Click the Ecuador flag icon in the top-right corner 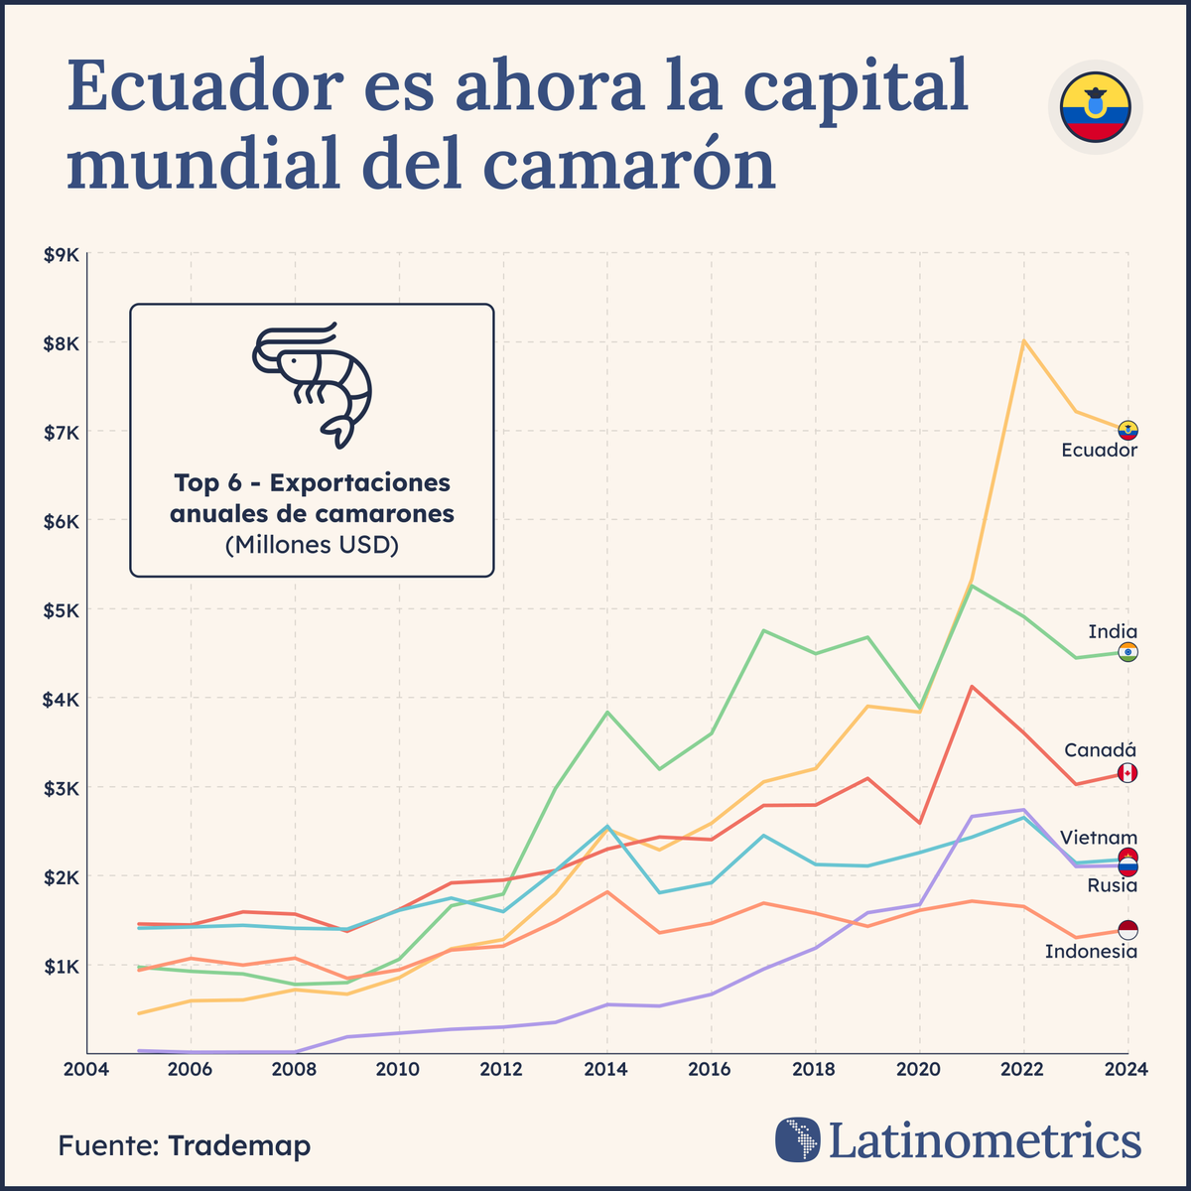coord(1095,106)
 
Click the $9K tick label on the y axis coord(61,255)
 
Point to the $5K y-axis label coord(61,609)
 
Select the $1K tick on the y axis coord(61,966)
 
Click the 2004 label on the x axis coord(87,1069)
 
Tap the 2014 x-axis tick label coord(606,1069)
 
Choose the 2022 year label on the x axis coord(1023,1069)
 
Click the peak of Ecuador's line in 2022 coord(1023,341)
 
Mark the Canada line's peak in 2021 coord(972,687)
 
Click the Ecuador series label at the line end coord(1099,451)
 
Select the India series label coord(1112,632)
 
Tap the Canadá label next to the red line coord(1100,750)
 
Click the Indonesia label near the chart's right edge coord(1091,952)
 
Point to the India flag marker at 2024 coord(1127,652)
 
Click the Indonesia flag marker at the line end coord(1127,930)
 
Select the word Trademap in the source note coord(239,1145)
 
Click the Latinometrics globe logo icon coord(798,1139)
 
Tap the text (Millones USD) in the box coord(312,545)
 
